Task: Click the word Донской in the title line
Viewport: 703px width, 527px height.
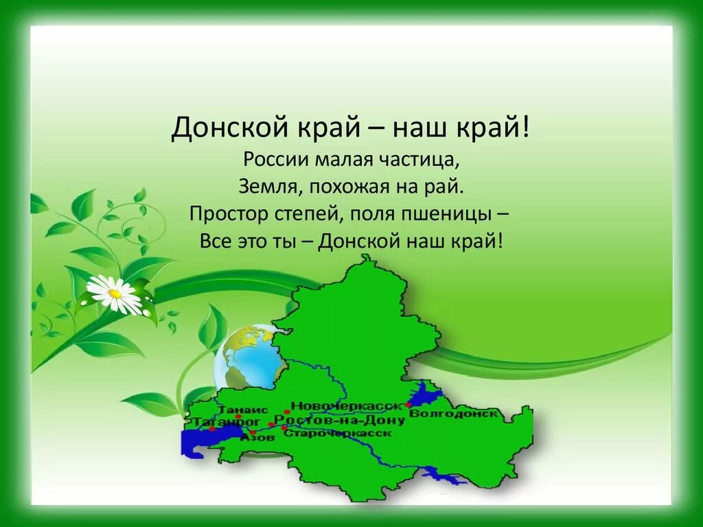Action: [219, 128]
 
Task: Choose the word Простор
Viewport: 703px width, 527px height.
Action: [227, 213]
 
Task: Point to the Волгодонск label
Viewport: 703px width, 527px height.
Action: [452, 414]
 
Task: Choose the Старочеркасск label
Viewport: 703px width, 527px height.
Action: [337, 434]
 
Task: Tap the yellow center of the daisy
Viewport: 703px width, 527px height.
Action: [115, 294]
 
